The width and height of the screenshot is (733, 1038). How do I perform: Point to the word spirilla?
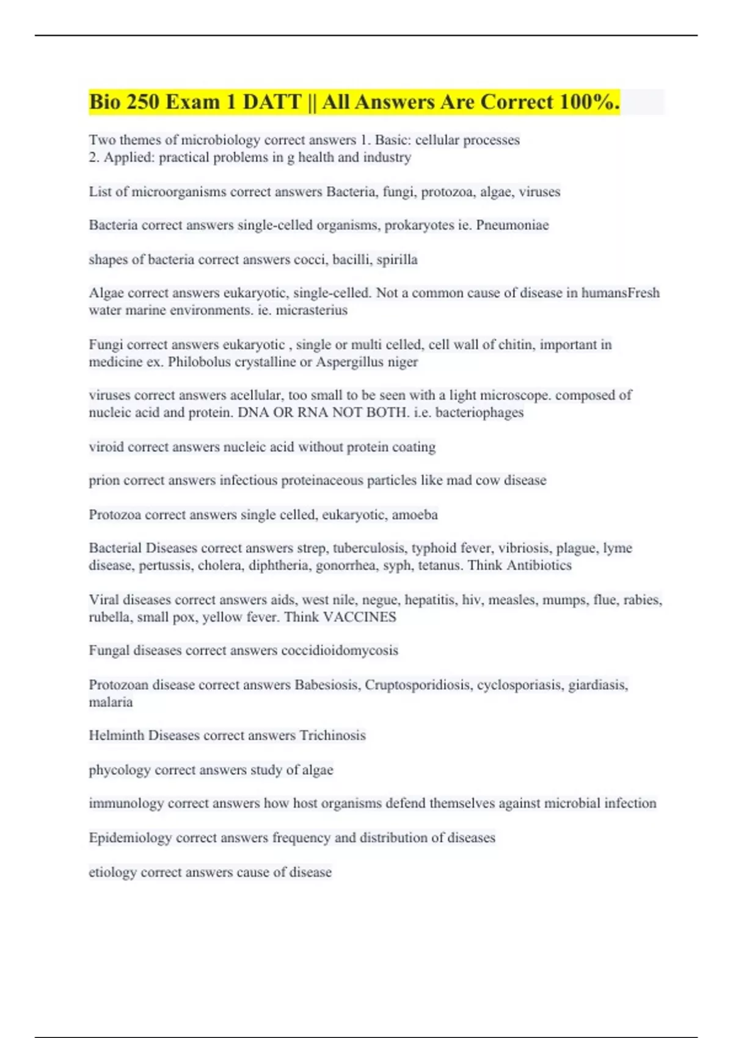[x=397, y=259]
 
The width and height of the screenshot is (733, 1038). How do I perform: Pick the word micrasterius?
[x=312, y=310]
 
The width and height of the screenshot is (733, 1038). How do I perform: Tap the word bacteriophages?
[x=480, y=413]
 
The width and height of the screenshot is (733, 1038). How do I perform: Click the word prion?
[x=104, y=481]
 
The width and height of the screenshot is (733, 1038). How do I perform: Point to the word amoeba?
[x=415, y=515]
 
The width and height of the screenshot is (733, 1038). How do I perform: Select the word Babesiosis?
[x=327, y=685]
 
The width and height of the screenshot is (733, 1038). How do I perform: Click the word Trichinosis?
[x=332, y=736]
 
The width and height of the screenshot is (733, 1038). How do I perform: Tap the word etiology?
[x=113, y=873]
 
